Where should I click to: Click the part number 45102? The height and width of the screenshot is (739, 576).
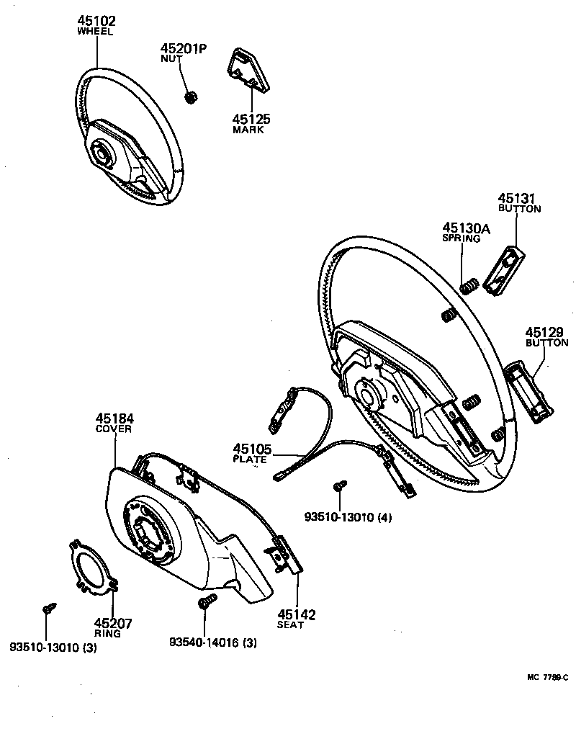point(96,21)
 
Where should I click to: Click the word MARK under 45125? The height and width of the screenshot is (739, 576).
point(248,130)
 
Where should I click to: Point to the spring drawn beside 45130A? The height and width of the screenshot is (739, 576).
point(468,286)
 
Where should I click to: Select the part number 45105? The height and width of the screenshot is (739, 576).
point(252,449)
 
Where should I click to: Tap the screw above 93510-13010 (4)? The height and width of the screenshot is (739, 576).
point(339,488)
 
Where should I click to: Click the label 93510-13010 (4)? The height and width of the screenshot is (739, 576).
point(348,516)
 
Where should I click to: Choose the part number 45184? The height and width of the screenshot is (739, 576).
point(114,418)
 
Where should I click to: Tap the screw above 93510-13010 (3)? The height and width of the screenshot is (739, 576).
point(48,609)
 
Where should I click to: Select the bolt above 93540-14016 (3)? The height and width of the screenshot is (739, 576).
point(204,602)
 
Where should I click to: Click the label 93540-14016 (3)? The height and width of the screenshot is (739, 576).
point(213,642)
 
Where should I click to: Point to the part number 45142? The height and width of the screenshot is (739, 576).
point(296,614)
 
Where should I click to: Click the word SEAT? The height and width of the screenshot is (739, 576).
point(292,625)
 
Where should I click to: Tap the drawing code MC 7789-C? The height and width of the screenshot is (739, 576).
point(546,678)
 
